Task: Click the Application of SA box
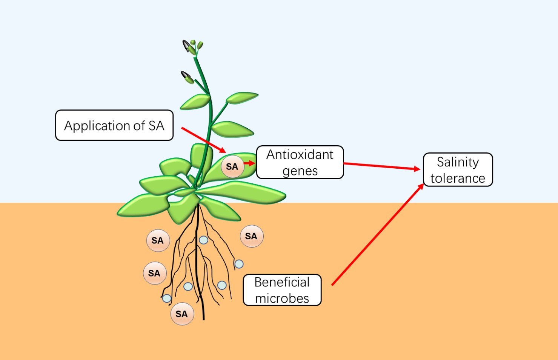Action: [114, 125]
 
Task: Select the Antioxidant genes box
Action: [300, 162]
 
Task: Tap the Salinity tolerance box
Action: [458, 169]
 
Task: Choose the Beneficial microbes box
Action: [282, 290]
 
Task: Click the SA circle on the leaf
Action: [232, 166]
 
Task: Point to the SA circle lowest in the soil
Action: [182, 314]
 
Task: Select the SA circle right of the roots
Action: [251, 236]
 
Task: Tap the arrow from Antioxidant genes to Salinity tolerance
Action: [381, 166]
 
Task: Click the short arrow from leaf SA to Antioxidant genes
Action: [249, 163]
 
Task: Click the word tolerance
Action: [458, 178]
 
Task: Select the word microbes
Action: [282, 298]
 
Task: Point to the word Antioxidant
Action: [300, 155]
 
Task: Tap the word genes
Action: [300, 171]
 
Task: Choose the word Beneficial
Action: [282, 282]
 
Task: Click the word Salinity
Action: [458, 162]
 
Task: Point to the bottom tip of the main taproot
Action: [204, 319]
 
